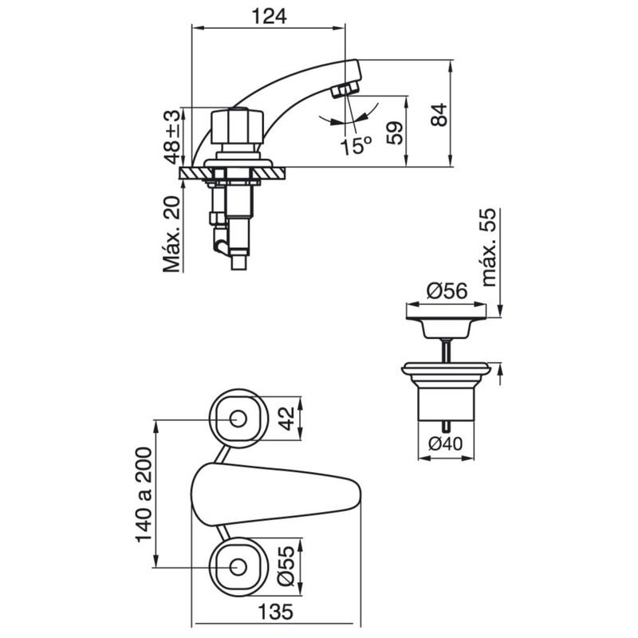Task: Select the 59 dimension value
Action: coord(395,132)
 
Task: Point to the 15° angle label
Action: coord(355,145)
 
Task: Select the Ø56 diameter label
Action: coord(446,293)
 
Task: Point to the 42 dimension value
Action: coord(289,417)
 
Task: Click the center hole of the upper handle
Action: coord(237,419)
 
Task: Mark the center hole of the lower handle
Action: coord(237,567)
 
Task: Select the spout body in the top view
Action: coord(271,494)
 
